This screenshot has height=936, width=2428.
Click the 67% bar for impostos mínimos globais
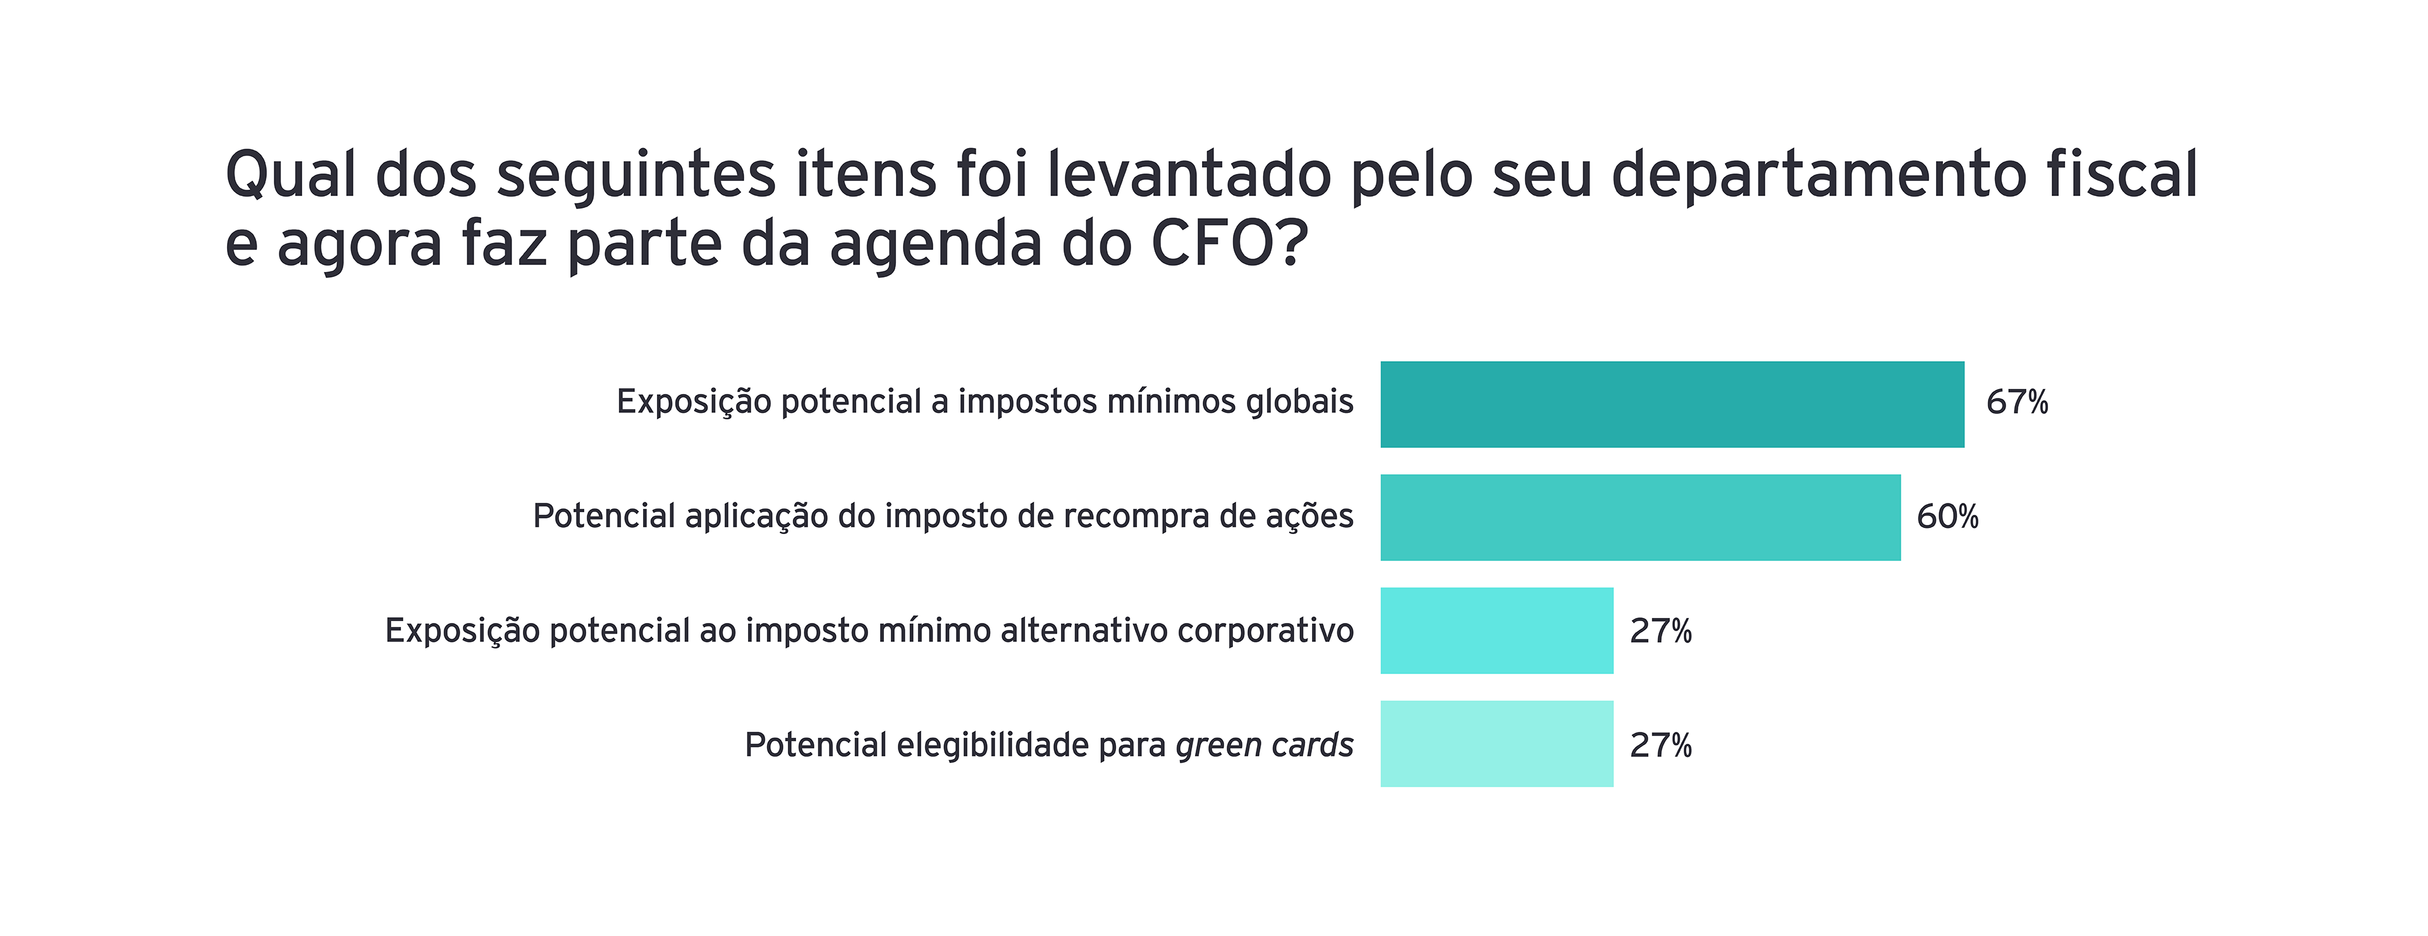(x=1672, y=404)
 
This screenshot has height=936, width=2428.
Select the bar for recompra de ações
(x=1640, y=517)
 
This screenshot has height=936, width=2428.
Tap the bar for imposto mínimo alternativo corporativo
(x=1497, y=631)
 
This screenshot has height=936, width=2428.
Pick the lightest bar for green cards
(x=1497, y=744)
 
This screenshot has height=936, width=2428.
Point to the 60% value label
(x=1947, y=517)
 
